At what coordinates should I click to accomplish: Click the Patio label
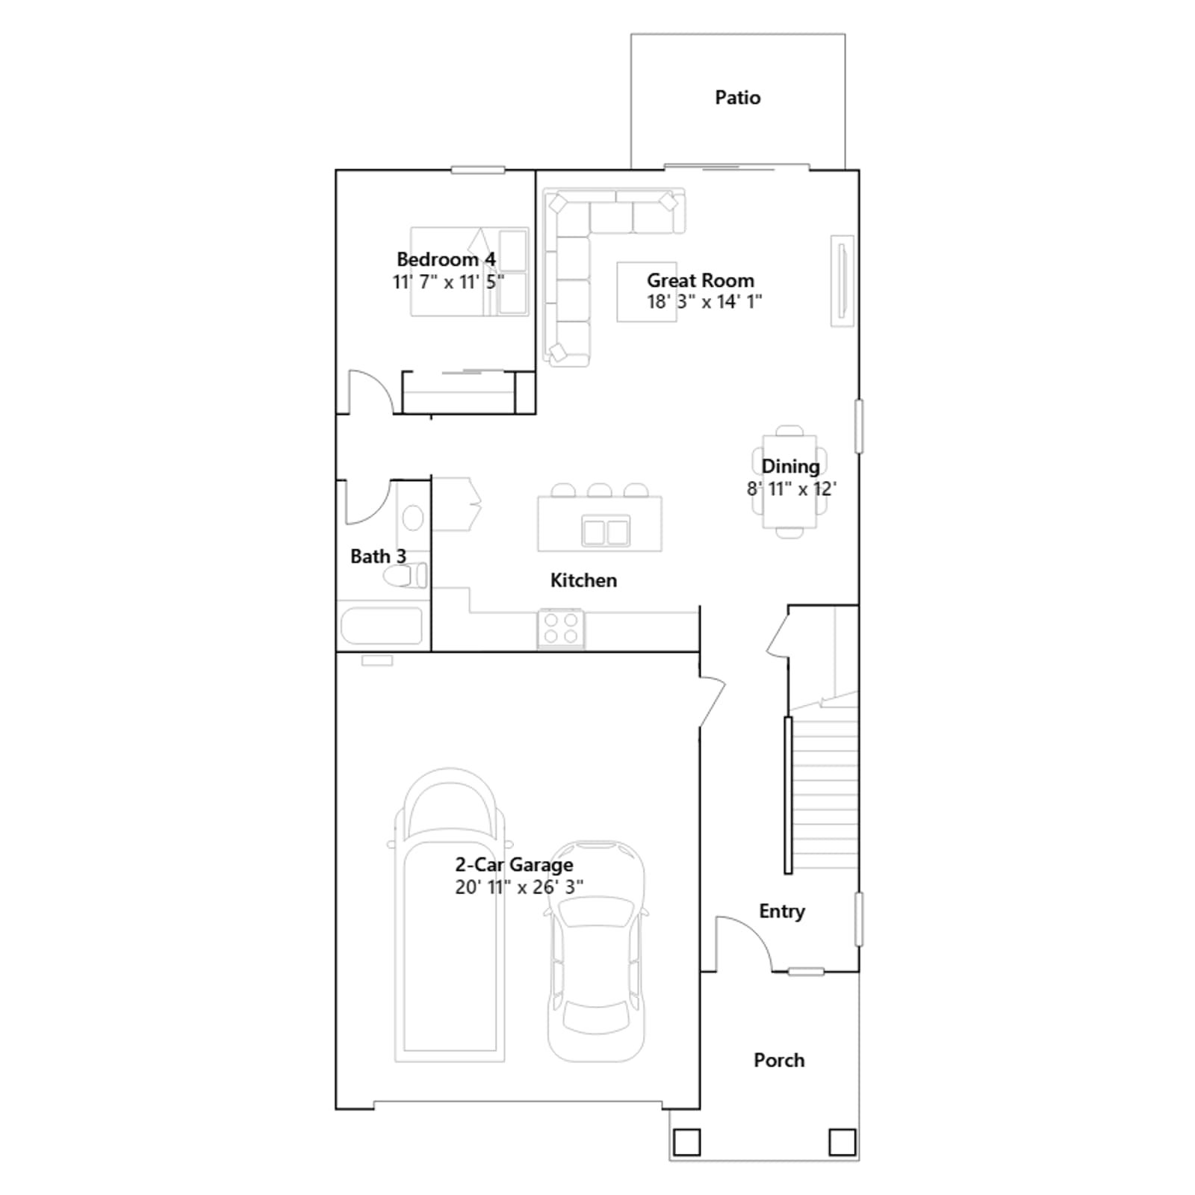[738, 98]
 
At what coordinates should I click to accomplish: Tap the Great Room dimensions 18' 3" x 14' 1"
[704, 302]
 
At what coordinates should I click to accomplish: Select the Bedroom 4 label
[446, 259]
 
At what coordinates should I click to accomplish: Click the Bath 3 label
[378, 556]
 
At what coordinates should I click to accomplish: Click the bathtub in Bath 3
[382, 626]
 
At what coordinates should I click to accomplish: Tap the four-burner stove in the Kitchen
[561, 628]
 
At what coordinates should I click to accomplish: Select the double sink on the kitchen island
[606, 533]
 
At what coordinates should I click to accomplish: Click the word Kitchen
[583, 580]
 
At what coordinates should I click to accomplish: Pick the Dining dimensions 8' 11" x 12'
[792, 489]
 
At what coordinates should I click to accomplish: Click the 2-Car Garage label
[515, 865]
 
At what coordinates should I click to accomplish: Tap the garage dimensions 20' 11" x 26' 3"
[520, 887]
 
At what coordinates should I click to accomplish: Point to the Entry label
[782, 911]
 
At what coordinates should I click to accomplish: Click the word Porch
[779, 1061]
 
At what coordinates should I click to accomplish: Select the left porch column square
[686, 1142]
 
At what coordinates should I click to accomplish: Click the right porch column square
[842, 1142]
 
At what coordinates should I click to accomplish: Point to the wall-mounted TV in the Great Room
[842, 281]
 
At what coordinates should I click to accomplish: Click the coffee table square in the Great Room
[647, 292]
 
